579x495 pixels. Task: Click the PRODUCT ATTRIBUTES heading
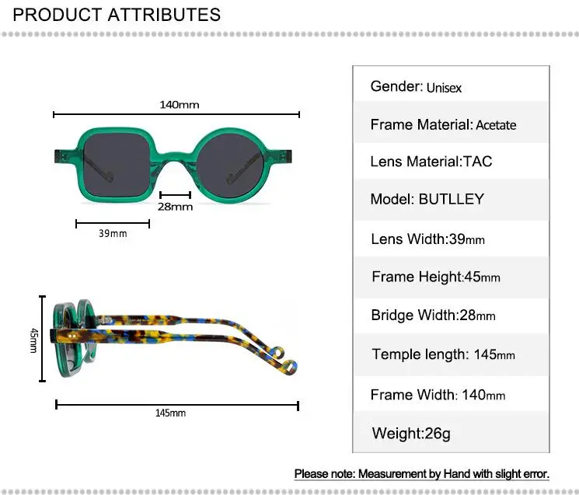[x=117, y=15]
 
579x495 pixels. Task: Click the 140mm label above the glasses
[x=179, y=104]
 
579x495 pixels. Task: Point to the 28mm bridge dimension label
[x=175, y=207]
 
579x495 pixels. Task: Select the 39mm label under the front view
[x=113, y=234]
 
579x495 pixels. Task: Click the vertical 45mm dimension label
[x=33, y=340]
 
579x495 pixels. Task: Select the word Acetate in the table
[x=496, y=125]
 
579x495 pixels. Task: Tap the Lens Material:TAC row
[x=431, y=162]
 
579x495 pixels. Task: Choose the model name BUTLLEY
[x=451, y=199]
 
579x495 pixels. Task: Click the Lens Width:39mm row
[x=428, y=239]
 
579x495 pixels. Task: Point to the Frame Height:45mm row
[x=436, y=277]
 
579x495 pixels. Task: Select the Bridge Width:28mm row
[x=433, y=315]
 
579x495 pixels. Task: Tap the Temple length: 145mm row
[x=443, y=354]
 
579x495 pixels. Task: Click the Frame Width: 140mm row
[x=438, y=395]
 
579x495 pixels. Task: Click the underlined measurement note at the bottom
[x=422, y=473]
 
